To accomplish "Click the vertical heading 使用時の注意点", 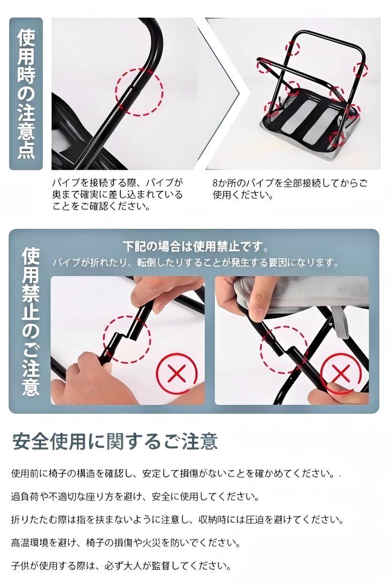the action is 26,93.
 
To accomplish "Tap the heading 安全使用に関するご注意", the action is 115,441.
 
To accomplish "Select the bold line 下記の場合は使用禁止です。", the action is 196,246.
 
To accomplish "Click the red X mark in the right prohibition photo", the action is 341,374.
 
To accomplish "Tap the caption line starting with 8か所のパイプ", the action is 290,183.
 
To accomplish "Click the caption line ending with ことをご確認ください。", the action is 101,206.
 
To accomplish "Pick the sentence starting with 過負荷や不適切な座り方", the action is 135,496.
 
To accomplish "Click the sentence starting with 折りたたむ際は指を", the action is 177,519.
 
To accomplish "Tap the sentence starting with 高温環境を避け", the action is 126,542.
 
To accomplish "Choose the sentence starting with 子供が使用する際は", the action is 121,565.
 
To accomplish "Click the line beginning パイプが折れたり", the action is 196,263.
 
